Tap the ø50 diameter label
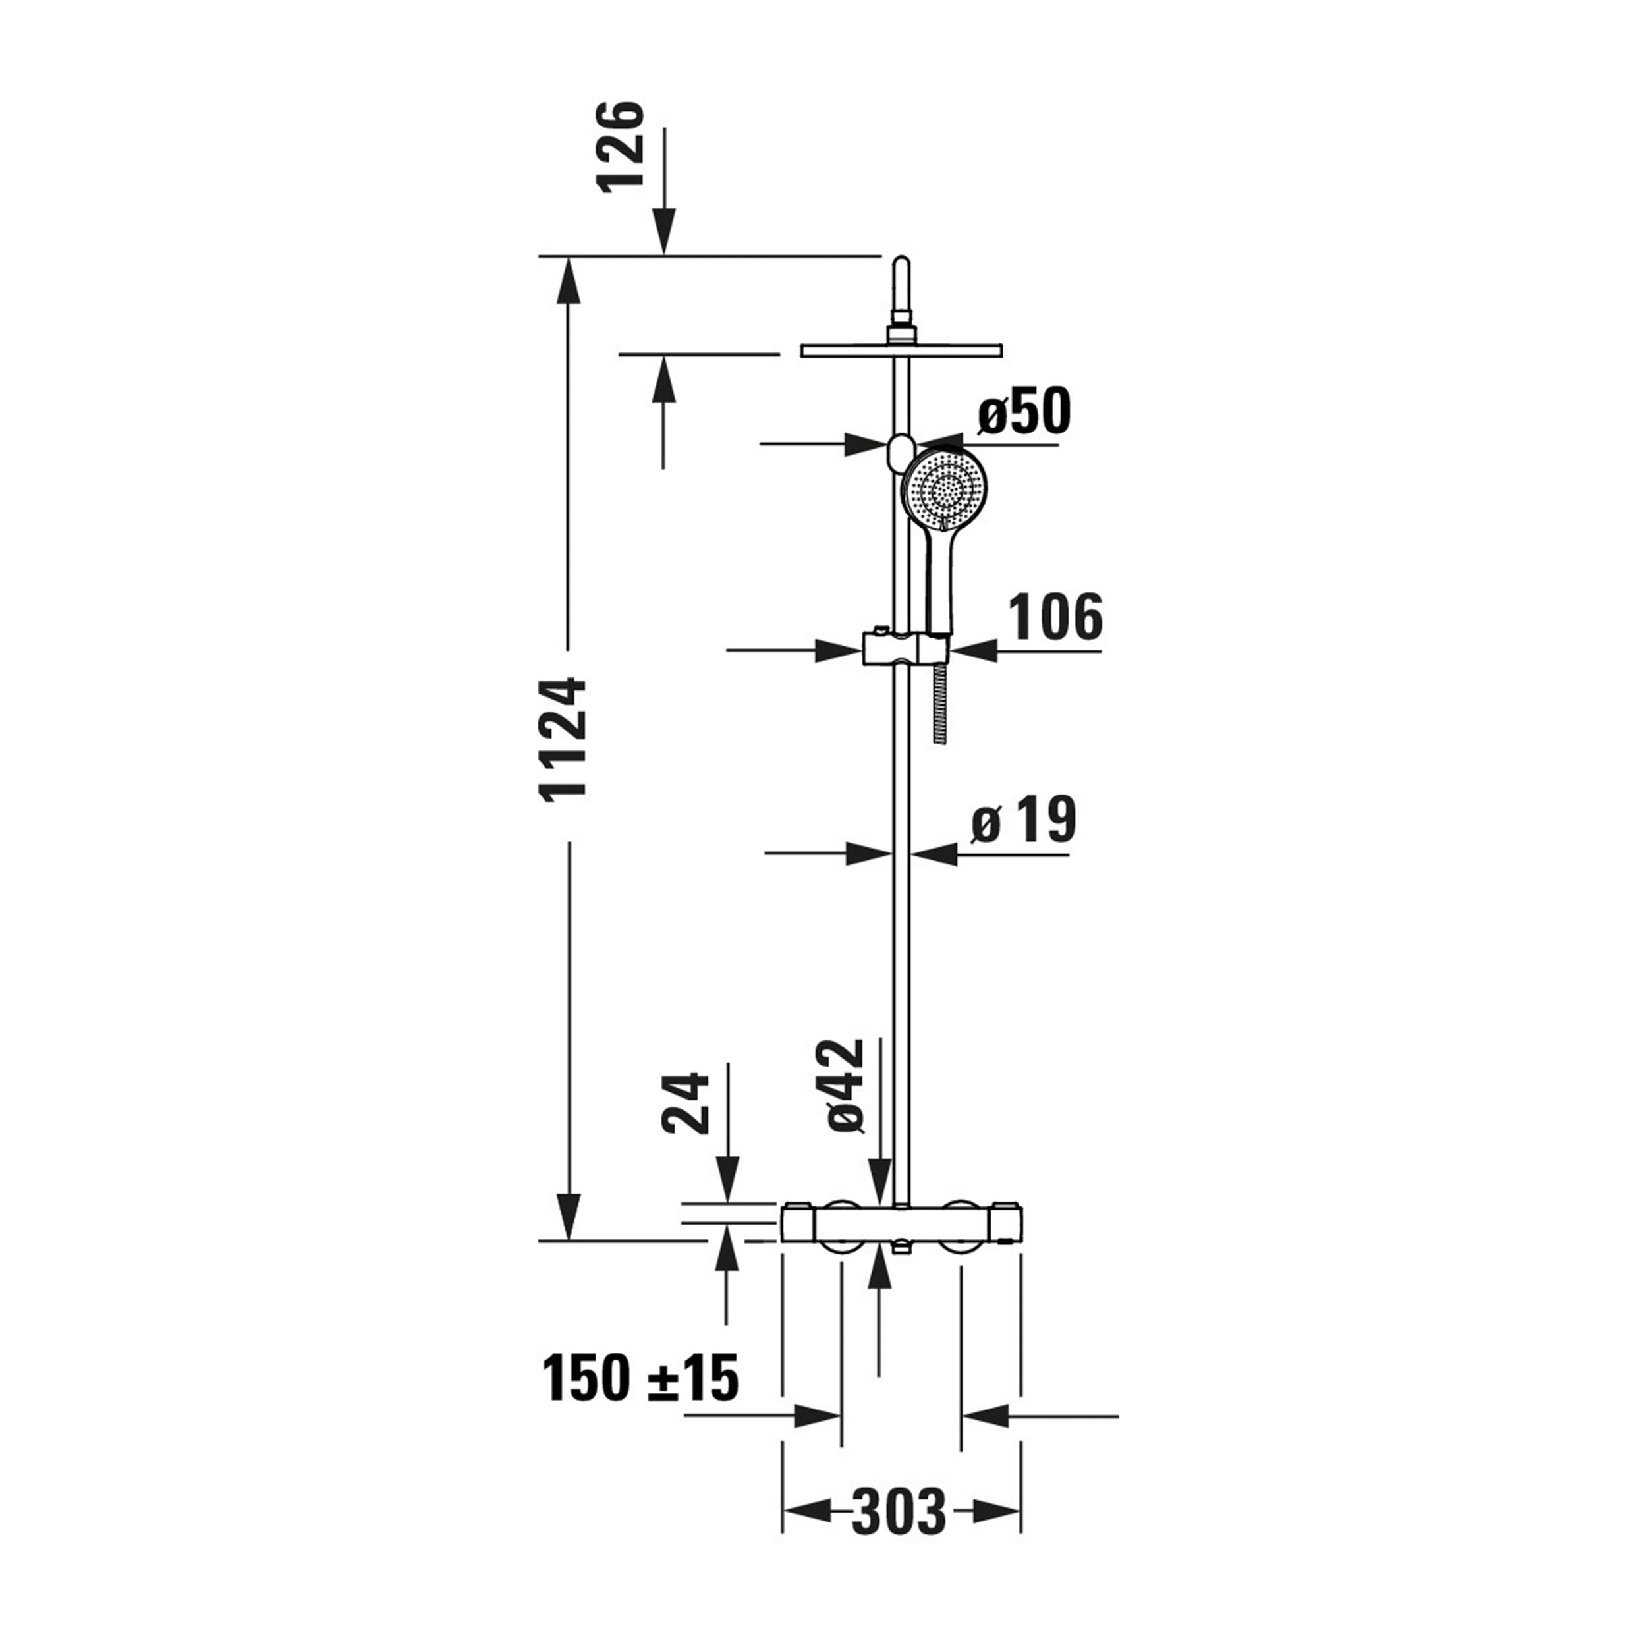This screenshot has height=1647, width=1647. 1024,412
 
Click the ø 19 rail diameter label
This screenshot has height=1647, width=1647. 1024,820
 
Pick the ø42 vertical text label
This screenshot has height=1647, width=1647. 846,1084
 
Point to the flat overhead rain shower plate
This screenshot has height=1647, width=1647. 902,350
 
